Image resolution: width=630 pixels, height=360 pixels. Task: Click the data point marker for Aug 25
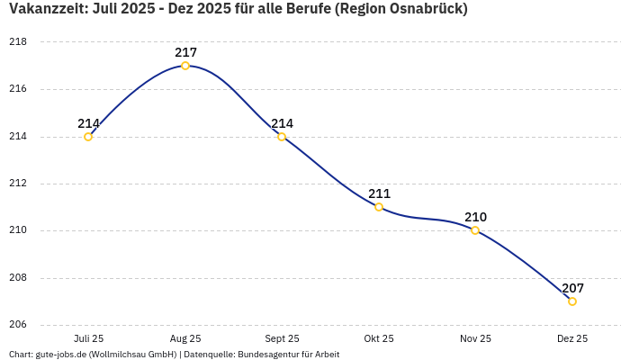(185, 66)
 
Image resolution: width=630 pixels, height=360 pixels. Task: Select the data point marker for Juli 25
(88, 137)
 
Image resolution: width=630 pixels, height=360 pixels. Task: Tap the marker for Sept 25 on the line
(282, 137)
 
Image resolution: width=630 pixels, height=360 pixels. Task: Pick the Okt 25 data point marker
(379, 207)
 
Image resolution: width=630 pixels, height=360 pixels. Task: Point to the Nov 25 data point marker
(475, 230)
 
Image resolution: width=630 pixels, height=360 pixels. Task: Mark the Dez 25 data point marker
(572, 301)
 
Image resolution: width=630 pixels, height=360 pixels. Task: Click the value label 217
(185, 52)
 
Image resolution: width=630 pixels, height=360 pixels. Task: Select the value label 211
(379, 193)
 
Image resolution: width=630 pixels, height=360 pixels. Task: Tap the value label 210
(475, 217)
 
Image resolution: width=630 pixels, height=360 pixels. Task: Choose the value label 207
(572, 288)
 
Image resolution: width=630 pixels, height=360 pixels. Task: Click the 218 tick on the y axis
(18, 42)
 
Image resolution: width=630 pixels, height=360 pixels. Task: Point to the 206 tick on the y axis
(18, 325)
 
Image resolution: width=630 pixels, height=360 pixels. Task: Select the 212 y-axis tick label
(18, 184)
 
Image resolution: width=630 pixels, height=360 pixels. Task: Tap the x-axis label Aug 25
(185, 338)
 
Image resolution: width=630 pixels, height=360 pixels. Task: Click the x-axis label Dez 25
(572, 338)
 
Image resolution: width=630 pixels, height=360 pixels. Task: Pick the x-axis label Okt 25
(379, 338)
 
